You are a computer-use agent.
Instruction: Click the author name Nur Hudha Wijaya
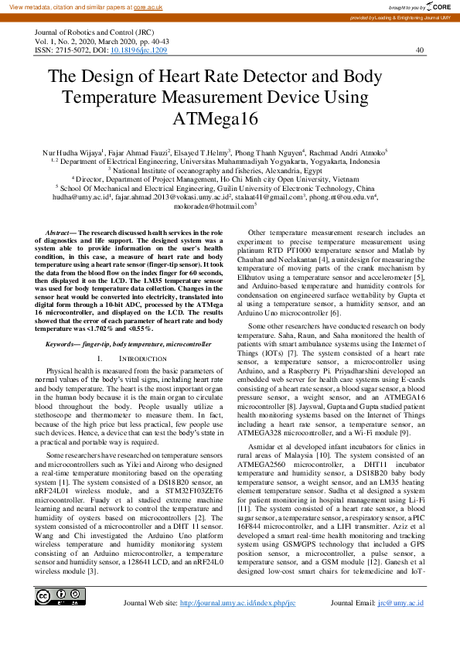(76, 155)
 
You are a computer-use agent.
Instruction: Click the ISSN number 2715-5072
(70, 49)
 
